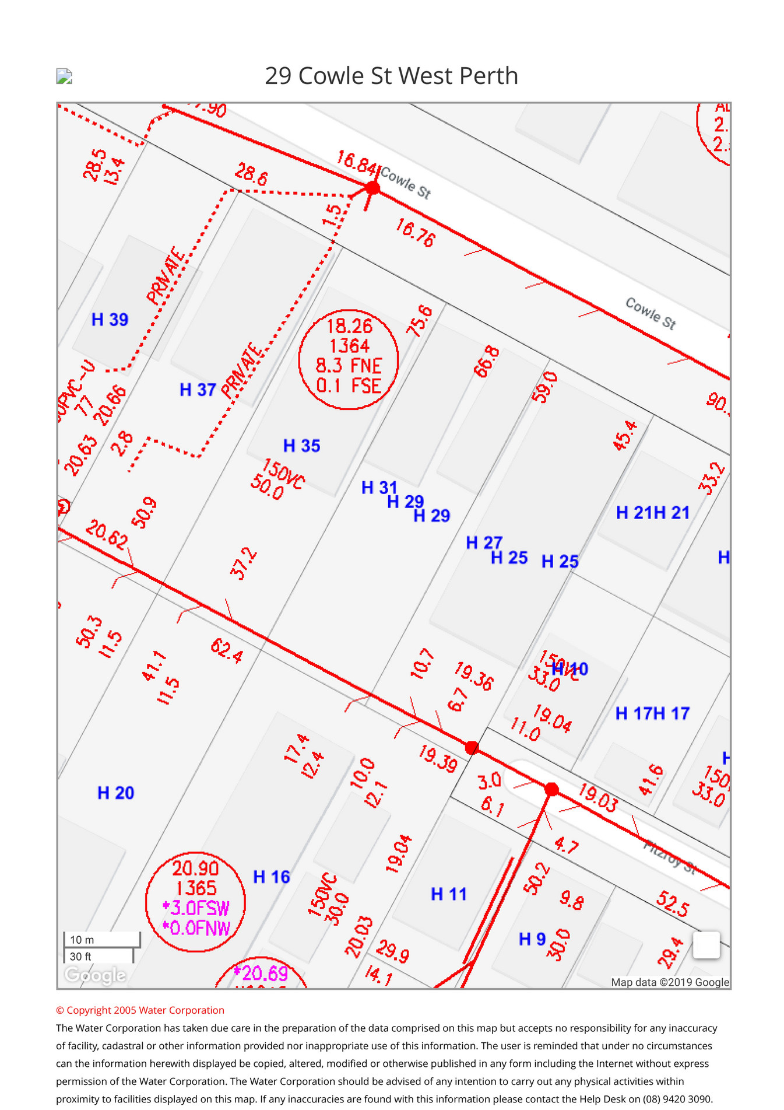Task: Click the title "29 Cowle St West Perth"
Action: [x=391, y=76]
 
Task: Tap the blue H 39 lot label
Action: [x=110, y=320]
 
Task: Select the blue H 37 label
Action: [x=198, y=390]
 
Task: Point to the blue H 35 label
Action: [x=301, y=446]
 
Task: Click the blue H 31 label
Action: [x=379, y=488]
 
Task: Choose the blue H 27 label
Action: [x=483, y=543]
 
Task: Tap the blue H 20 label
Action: [x=115, y=793]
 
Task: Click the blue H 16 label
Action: [x=271, y=877]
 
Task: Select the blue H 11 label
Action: [x=448, y=894]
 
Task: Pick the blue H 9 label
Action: [x=532, y=939]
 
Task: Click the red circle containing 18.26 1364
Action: [x=349, y=359]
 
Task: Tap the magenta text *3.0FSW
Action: [x=196, y=908]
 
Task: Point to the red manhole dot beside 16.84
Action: [x=372, y=188]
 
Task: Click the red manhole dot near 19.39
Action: [x=472, y=747]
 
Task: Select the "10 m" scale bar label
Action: [x=82, y=940]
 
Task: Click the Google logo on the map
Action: [x=95, y=975]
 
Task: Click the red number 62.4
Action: [x=227, y=651]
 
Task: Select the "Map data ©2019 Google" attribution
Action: [x=670, y=982]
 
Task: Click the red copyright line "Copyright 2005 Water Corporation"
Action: [x=140, y=1010]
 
